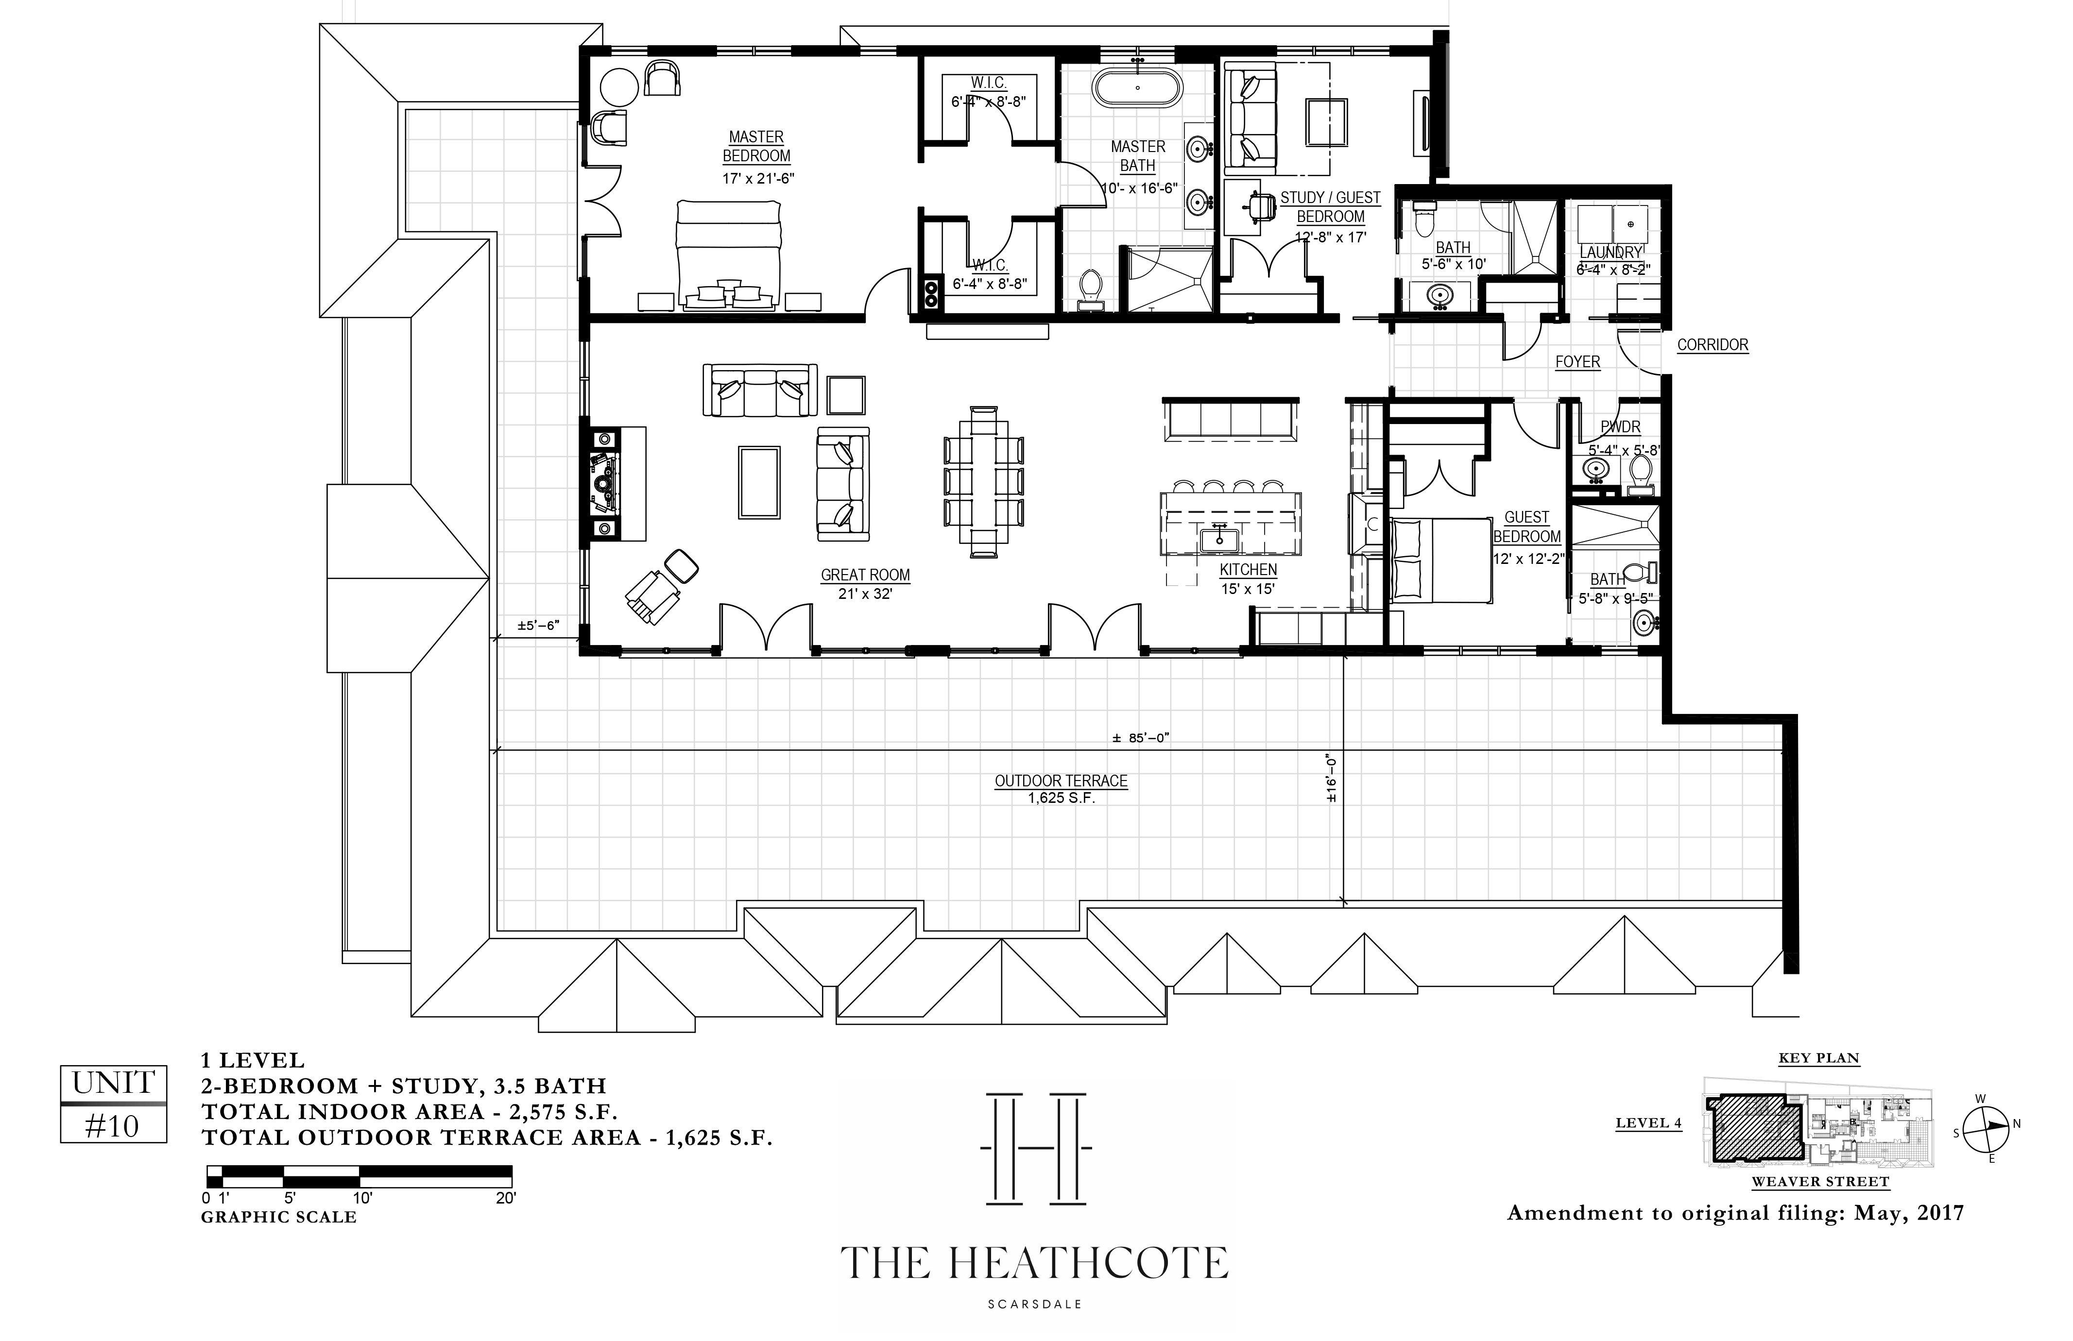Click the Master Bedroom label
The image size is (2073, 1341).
(756, 146)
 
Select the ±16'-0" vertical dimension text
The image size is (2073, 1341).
(1330, 778)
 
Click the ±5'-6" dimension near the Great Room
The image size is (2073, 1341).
(537, 625)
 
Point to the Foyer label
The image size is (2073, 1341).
(1577, 361)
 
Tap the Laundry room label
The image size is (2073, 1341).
(1610, 253)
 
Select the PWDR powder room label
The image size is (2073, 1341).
(1620, 427)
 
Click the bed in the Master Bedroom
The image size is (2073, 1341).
(728, 255)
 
